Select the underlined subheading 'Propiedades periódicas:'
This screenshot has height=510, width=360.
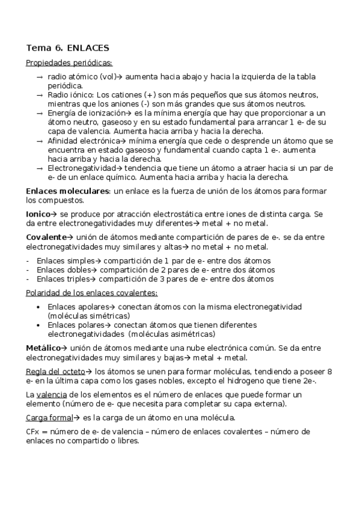69,62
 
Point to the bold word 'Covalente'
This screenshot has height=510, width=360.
46,237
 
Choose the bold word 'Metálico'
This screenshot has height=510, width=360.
43,348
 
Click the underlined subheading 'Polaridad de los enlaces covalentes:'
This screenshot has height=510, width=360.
91,293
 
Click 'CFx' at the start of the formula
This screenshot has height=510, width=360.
32,432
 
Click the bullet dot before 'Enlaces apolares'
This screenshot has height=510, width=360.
39,307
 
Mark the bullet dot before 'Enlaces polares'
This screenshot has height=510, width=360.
39,325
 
